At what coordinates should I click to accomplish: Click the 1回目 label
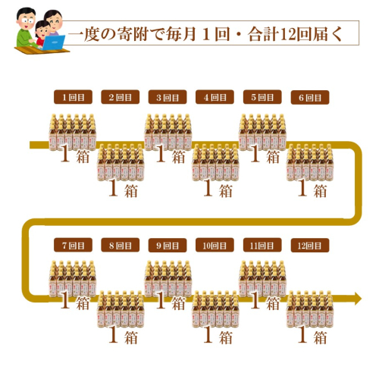[73, 97]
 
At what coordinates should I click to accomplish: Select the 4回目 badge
[215, 97]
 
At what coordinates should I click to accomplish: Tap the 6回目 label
[310, 97]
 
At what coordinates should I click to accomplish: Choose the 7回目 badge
[73, 245]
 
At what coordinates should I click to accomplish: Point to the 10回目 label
[215, 245]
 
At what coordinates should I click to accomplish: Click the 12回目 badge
[310, 246]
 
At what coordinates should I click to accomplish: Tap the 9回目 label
[168, 246]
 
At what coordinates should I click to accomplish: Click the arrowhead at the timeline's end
[358, 299]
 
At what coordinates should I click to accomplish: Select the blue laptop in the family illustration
[54, 42]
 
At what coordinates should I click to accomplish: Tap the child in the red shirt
[41, 33]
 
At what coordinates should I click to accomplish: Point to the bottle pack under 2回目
[121, 162]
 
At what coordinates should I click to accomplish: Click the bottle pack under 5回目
[262, 133]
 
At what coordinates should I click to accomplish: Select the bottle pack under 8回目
[121, 309]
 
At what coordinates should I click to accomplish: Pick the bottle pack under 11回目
[262, 279]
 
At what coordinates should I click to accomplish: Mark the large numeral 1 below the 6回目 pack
[302, 188]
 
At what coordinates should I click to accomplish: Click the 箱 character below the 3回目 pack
[179, 157]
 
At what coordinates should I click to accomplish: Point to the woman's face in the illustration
[55, 22]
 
